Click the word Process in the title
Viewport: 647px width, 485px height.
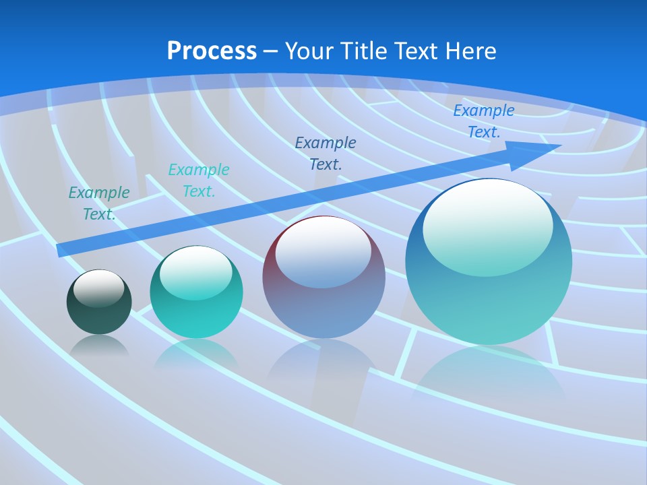point(212,51)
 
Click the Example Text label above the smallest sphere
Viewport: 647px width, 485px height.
point(99,203)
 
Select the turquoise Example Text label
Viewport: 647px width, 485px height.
point(199,180)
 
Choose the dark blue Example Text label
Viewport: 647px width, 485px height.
point(326,153)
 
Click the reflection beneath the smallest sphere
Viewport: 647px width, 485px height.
point(99,346)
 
